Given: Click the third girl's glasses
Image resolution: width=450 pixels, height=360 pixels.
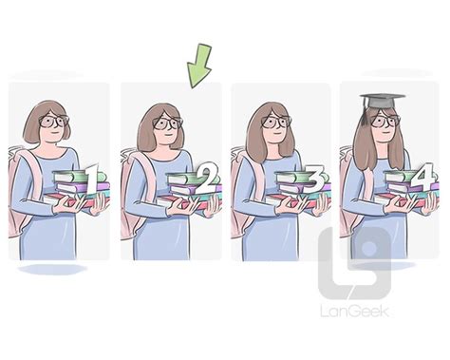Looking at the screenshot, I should click(x=276, y=122).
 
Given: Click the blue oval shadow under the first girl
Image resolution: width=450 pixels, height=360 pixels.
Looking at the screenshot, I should click(x=52, y=270).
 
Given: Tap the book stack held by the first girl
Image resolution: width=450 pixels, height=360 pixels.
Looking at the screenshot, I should click(x=74, y=190).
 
